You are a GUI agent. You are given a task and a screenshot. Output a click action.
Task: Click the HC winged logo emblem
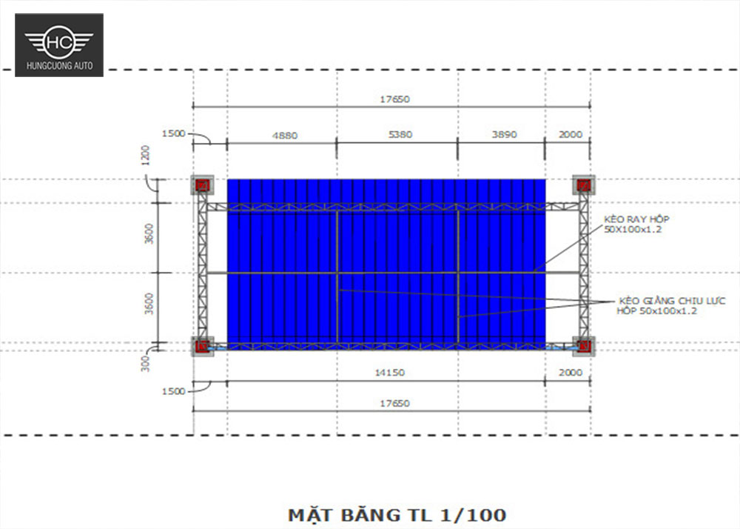pyautogui.click(x=59, y=41)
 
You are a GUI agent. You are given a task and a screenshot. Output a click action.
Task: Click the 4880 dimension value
pyautogui.click(x=284, y=135)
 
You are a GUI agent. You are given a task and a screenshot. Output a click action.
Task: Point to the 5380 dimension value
pyautogui.click(x=400, y=135)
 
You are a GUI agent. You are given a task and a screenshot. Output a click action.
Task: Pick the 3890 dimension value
pyautogui.click(x=503, y=135)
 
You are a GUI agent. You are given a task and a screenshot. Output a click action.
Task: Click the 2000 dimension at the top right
pyautogui.click(x=570, y=135)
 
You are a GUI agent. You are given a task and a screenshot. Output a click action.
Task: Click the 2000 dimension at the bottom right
pyautogui.click(x=570, y=373)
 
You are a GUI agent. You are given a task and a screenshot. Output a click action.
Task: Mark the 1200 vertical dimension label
pyautogui.click(x=146, y=155)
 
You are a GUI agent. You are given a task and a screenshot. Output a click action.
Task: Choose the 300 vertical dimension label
pyautogui.click(x=146, y=362)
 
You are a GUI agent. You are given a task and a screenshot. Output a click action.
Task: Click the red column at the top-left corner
pyautogui.click(x=202, y=185)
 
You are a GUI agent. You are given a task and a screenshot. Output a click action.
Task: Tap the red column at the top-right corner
pyautogui.click(x=584, y=185)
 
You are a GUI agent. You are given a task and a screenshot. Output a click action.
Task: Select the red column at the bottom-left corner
pyautogui.click(x=202, y=345)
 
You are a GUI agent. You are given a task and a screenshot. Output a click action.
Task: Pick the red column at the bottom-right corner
pyautogui.click(x=584, y=345)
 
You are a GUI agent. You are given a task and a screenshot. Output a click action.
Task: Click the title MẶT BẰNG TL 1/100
pyautogui.click(x=397, y=514)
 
